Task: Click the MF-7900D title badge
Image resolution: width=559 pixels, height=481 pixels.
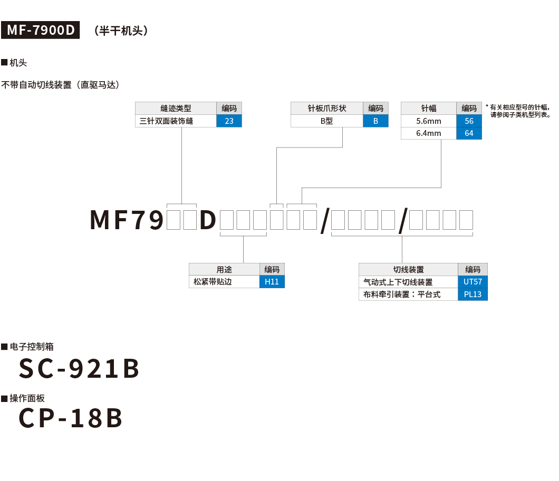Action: point(41,31)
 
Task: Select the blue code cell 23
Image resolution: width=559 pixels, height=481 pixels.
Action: point(229,121)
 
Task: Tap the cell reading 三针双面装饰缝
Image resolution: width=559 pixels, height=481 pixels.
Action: point(176,121)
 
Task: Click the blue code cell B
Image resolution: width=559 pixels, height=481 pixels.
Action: point(375,121)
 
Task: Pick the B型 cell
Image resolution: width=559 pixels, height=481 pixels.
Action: point(327,121)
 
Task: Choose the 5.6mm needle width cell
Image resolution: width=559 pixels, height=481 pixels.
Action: point(428,121)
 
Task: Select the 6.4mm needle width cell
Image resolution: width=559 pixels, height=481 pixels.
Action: point(428,133)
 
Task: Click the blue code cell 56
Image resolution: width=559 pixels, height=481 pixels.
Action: point(469,121)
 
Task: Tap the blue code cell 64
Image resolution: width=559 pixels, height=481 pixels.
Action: point(469,133)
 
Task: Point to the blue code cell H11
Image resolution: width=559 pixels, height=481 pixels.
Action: point(272,282)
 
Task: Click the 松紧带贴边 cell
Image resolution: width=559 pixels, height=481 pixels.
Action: point(224,282)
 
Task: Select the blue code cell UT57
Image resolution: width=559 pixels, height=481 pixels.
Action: point(473,282)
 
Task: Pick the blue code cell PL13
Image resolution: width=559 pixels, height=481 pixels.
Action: point(473,295)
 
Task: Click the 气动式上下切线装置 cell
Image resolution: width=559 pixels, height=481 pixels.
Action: point(408,282)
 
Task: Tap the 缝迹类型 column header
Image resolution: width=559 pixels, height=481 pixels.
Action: point(176,109)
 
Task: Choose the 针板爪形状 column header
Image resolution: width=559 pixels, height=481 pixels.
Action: point(327,109)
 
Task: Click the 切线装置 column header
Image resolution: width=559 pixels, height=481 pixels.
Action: point(408,270)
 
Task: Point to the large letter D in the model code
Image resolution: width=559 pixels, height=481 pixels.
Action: point(208,220)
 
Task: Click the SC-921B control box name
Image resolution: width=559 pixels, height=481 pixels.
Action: point(79,369)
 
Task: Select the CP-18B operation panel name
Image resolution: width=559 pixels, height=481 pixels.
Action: point(71,418)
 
